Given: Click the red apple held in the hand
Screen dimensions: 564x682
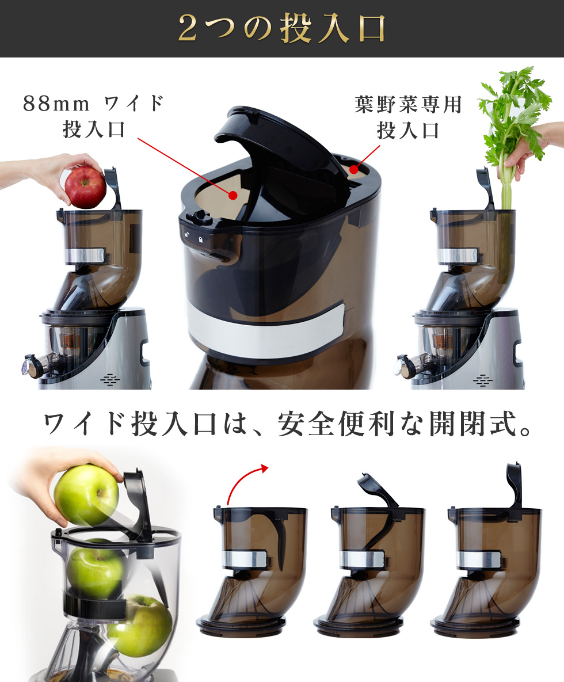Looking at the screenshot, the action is tap(85, 188).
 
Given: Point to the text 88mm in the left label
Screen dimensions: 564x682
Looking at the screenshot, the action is tap(56, 104).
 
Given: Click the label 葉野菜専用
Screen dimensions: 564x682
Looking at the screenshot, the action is tap(408, 104).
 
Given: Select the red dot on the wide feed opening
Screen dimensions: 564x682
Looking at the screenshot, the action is tap(233, 195).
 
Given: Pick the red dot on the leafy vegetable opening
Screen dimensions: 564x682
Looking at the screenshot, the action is tap(353, 169).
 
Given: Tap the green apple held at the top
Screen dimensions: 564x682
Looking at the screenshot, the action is tap(86, 494).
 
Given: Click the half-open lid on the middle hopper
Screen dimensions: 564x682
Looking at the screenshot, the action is tap(376, 490).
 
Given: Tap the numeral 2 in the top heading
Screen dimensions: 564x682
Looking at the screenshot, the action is tap(188, 29).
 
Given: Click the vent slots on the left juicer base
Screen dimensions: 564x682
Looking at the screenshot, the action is tap(109, 380).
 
